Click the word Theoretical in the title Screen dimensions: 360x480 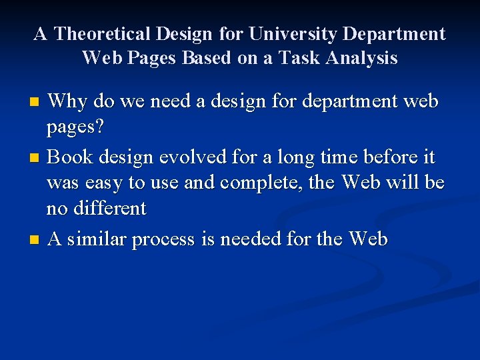click(x=99, y=33)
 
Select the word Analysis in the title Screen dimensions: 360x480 click(x=362, y=58)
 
